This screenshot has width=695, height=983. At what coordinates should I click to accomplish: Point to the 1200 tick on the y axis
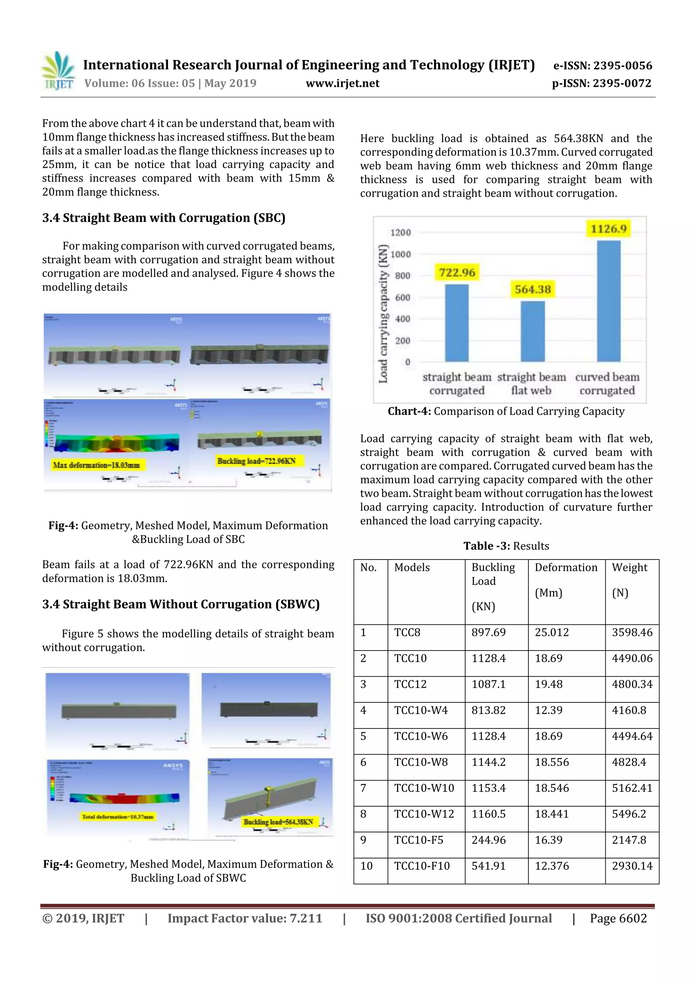tap(400, 232)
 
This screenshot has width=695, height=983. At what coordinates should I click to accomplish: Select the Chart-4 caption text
tap(506, 412)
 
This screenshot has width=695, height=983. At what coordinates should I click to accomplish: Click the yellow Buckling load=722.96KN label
tap(256, 461)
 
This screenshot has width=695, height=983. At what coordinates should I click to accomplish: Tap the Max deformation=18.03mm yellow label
tap(96, 465)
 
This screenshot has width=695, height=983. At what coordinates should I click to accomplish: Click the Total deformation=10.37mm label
tap(117, 816)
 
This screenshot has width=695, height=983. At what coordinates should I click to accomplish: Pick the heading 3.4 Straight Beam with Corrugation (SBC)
tap(164, 218)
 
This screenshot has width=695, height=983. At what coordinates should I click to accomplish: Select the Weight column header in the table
tap(629, 568)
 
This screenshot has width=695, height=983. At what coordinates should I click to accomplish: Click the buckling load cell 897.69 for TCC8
tap(488, 632)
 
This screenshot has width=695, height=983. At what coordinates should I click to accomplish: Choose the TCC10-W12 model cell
tap(424, 814)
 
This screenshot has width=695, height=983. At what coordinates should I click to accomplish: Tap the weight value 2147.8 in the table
tap(628, 840)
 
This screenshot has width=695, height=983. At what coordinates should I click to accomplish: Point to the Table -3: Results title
tap(506, 546)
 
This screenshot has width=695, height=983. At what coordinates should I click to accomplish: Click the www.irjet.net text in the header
tap(342, 83)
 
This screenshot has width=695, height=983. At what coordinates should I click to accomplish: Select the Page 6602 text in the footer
tap(618, 918)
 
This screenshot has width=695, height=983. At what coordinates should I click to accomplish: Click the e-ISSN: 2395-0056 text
tap(602, 66)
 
